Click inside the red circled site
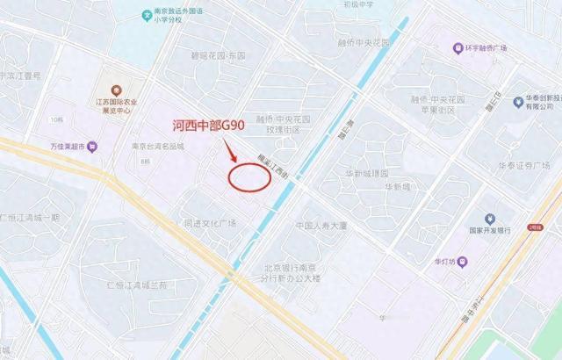pyautogui.click(x=249, y=175)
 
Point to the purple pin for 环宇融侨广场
pyautogui.click(x=458, y=47)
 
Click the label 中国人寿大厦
pyautogui.click(x=322, y=226)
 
